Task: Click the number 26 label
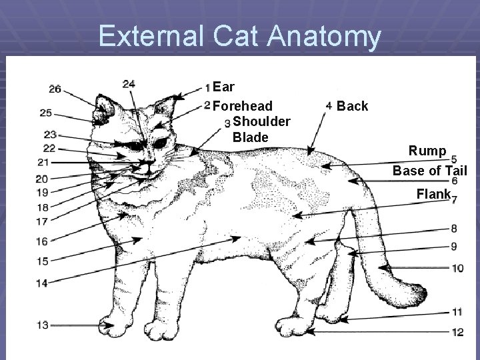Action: pos(55,89)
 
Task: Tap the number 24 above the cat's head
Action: pos(129,84)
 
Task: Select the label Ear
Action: pos(225,87)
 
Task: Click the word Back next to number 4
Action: pos(353,106)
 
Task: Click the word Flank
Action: pos(433,195)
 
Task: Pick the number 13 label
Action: pos(42,325)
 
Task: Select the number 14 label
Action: pos(41,283)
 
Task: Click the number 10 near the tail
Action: pos(457,269)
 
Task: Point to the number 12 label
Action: pos(457,332)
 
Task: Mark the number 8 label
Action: pos(454,229)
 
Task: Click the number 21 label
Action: pos(43,163)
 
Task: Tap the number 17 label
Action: pos(42,221)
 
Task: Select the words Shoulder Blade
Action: pos(261,129)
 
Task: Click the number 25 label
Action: pos(45,112)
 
